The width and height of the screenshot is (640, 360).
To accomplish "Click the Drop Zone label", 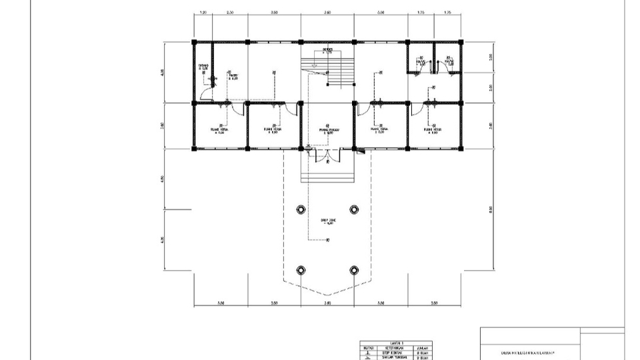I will pyautogui.click(x=327, y=221).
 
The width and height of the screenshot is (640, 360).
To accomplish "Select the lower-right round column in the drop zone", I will pyautogui.click(x=354, y=270).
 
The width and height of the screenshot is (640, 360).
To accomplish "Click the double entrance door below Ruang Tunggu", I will pyautogui.click(x=327, y=157).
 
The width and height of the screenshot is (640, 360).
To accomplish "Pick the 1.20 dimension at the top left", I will pyautogui.click(x=203, y=13).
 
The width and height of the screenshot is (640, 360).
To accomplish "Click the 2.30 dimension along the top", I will pyautogui.click(x=230, y=13).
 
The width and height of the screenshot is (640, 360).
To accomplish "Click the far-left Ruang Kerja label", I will pyautogui.click(x=220, y=131).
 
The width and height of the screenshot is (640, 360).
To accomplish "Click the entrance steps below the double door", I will pyautogui.click(x=327, y=175).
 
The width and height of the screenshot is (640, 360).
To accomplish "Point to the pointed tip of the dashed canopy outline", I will pyautogui.click(x=327, y=295).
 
